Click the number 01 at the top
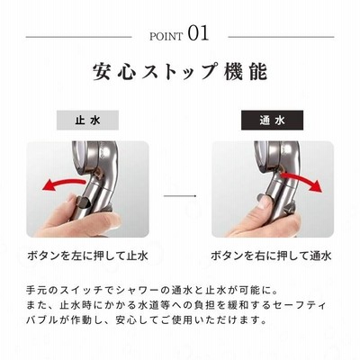198,33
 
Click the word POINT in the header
166,37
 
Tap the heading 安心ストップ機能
180,72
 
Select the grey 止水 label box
87,121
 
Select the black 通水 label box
272,121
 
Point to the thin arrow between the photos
180,196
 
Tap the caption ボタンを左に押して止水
87,256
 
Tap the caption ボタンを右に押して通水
271,256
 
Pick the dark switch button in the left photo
82,202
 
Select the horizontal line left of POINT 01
79,37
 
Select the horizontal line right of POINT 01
281,37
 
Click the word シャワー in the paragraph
139,291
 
